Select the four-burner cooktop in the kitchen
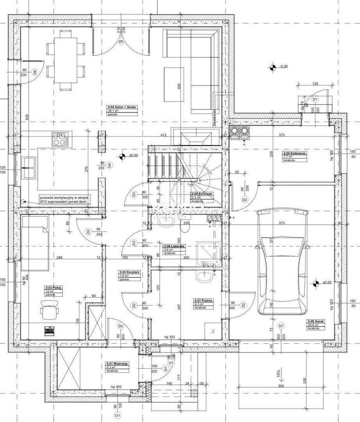[x=61, y=139]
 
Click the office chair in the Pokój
[x=50, y=311]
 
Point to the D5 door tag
[x=121, y=41]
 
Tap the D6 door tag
[x=35, y=72]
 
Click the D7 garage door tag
[x=281, y=326]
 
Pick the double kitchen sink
[x=29, y=168]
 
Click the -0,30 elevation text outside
[x=284, y=66]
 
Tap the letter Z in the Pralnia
[x=213, y=332]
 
